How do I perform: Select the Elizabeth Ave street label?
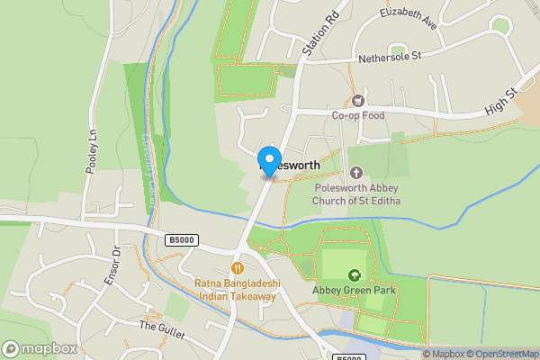point(409,17)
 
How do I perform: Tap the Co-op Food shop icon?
point(358,101)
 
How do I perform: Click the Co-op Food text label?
point(358,115)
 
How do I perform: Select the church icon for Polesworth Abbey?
point(355,172)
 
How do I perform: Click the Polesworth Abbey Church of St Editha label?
point(357,194)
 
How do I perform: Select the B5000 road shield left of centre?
point(180,239)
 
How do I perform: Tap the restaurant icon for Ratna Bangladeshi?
point(238,267)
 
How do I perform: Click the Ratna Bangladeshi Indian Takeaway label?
point(238,290)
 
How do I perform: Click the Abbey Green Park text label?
point(355,291)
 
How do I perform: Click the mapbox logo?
point(40,348)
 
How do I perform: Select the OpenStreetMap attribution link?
point(501,354)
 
